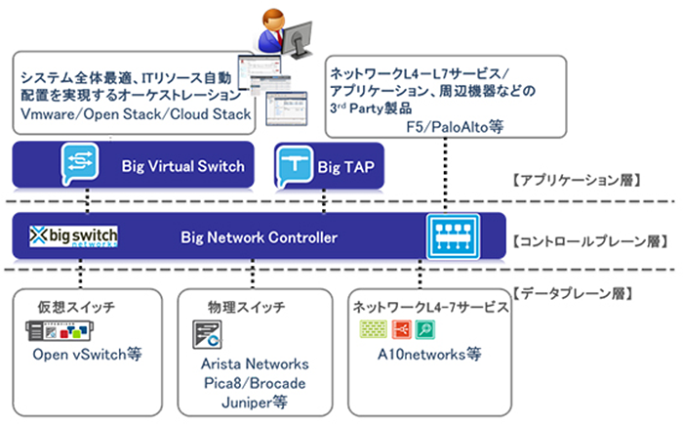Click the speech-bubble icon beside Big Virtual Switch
[x=77, y=162]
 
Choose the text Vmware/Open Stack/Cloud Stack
[x=136, y=114]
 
